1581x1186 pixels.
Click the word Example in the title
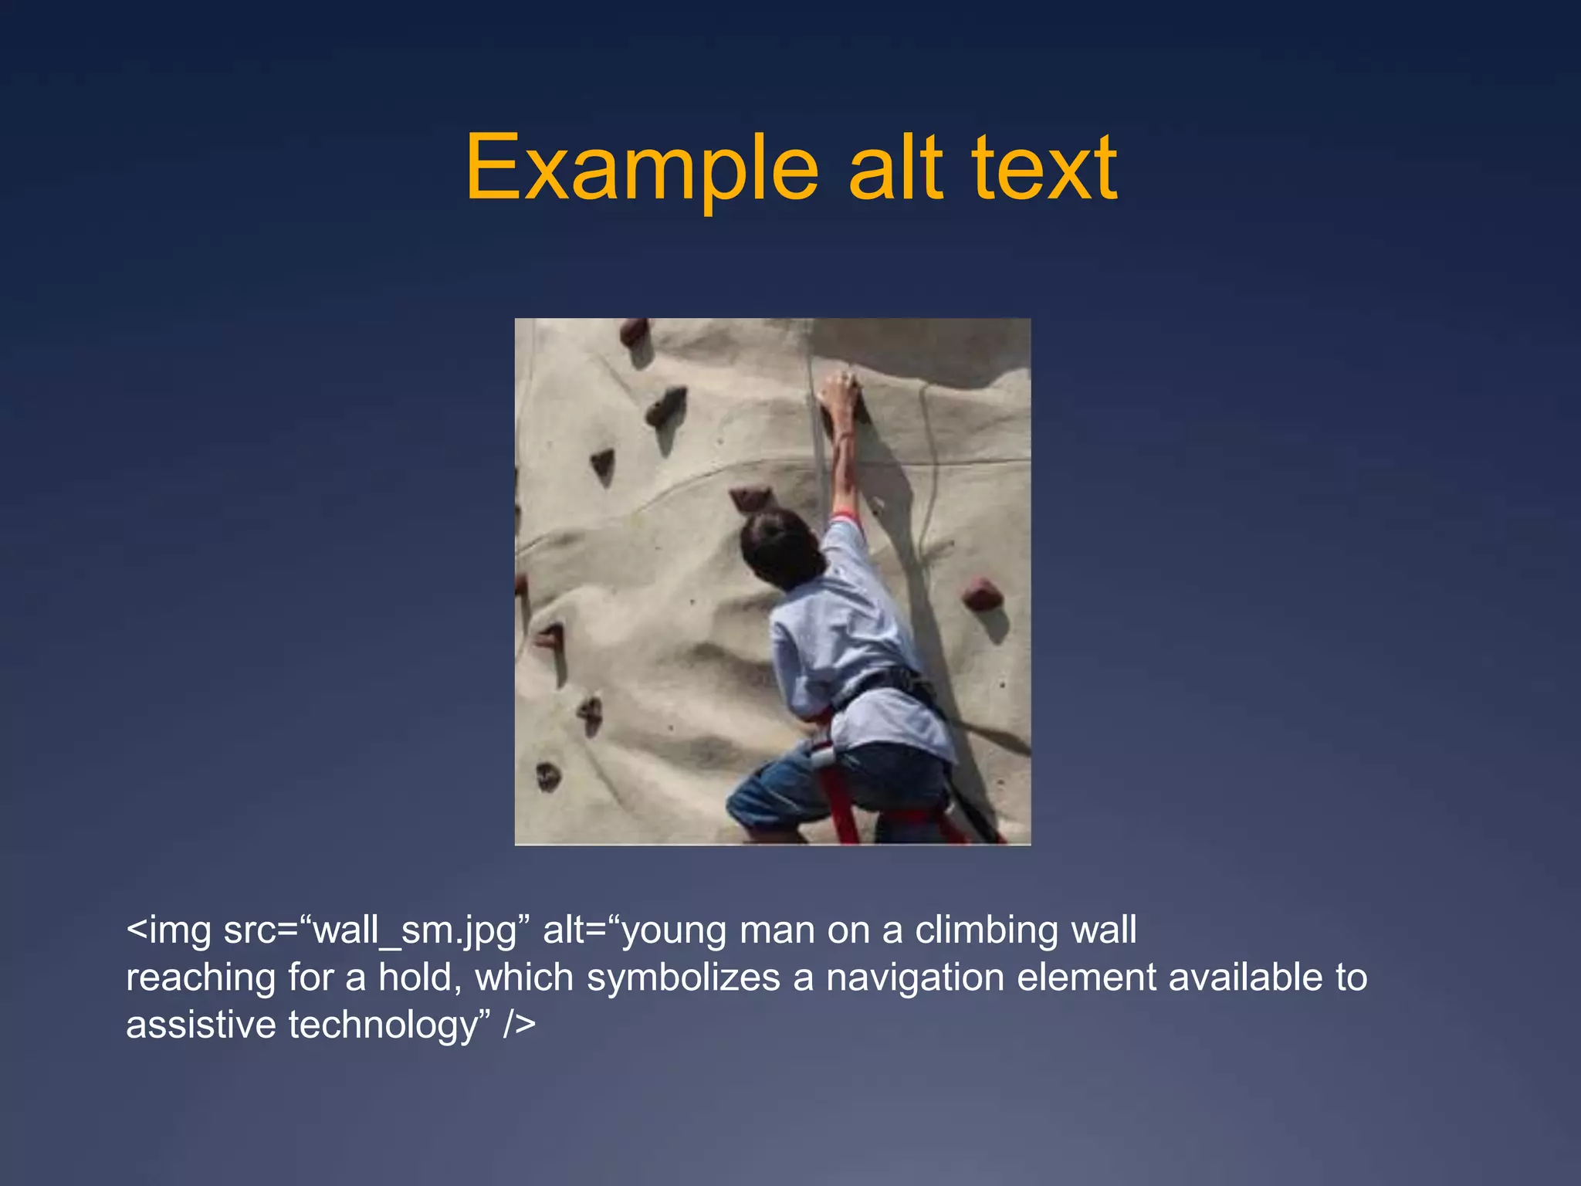tap(641, 168)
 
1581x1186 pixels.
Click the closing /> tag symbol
tap(519, 1025)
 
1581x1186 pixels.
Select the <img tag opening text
tap(168, 930)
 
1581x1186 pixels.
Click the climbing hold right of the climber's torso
tap(981, 595)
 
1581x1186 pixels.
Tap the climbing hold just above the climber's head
tap(750, 497)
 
